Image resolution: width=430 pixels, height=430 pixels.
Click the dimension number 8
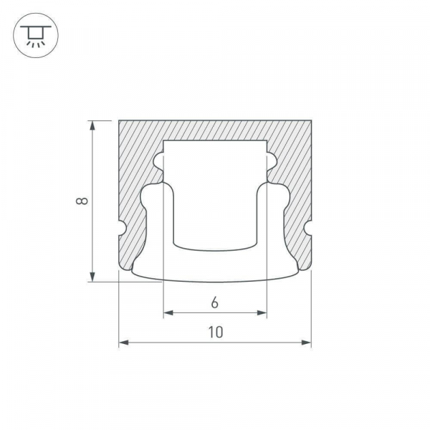click(82, 201)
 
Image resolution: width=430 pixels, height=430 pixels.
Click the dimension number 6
click(215, 302)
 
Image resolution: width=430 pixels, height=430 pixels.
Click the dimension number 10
click(216, 332)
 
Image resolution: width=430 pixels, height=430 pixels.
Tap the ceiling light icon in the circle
click(36, 35)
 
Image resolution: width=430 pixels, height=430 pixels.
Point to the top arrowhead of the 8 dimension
click(92, 125)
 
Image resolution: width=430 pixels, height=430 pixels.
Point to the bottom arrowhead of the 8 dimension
click(92, 277)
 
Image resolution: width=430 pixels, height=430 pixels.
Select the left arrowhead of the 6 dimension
click(168, 312)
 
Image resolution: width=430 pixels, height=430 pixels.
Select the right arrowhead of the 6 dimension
click(262, 312)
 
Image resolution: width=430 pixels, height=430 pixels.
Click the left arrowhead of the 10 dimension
click(124, 343)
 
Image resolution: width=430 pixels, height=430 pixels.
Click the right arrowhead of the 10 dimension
click(306, 343)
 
